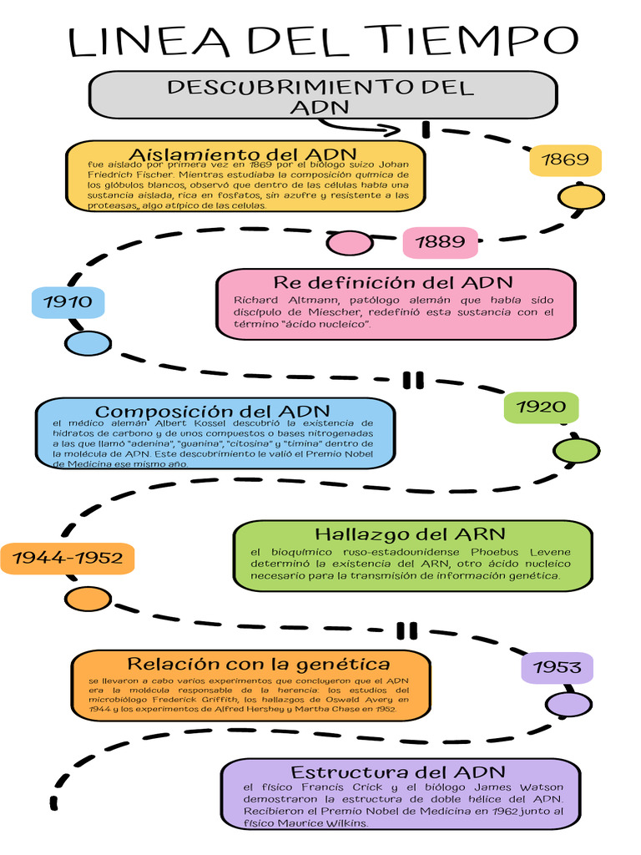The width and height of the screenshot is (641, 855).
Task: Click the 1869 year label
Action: click(565, 159)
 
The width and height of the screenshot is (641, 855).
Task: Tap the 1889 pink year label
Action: click(440, 242)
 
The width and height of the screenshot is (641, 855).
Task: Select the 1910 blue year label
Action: click(68, 301)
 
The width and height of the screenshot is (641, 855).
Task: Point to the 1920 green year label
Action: click(541, 407)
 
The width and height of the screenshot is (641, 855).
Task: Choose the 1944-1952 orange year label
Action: click(68, 558)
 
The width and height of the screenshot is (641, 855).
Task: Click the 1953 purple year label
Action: click(557, 667)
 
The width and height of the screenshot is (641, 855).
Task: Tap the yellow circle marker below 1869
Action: click(581, 197)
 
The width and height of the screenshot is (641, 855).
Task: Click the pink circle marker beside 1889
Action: click(349, 243)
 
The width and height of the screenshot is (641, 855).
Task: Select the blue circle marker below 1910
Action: click(83, 342)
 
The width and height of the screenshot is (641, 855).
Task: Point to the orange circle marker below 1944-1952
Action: click(83, 599)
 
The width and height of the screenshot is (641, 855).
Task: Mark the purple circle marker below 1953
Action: click(568, 705)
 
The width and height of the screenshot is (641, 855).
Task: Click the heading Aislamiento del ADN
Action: click(243, 154)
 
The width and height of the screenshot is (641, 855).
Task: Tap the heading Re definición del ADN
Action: click(393, 282)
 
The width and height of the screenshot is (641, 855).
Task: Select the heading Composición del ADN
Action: click(213, 412)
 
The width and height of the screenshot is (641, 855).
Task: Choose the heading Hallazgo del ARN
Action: click(410, 534)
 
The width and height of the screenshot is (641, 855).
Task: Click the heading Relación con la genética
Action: click(259, 664)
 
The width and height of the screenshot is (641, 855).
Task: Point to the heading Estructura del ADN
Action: click(398, 772)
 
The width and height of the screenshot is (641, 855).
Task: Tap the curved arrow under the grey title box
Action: click(359, 127)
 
